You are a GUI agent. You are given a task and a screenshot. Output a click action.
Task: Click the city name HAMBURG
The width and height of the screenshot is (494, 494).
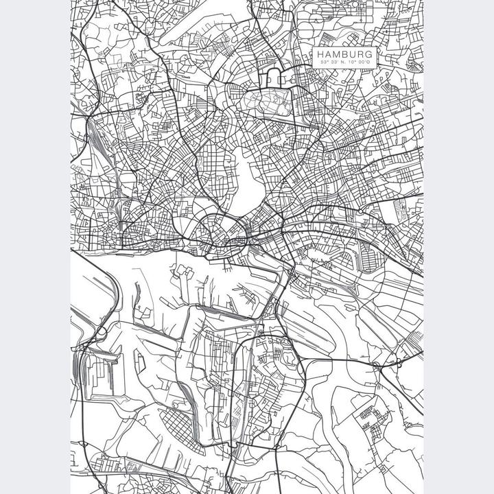344,54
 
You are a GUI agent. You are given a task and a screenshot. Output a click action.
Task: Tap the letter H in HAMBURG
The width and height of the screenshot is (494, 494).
321,54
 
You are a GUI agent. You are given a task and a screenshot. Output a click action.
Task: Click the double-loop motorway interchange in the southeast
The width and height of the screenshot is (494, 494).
397,364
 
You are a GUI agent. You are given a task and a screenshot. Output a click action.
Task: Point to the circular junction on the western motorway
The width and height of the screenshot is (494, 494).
101,332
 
